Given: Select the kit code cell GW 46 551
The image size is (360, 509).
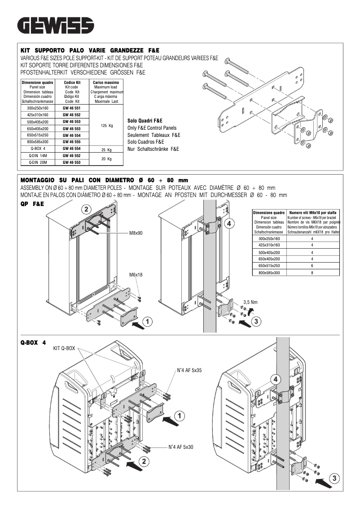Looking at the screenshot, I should click(71, 109).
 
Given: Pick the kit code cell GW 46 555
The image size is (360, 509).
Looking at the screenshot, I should click(71, 141).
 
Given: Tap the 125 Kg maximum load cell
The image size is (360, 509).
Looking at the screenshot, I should click(107, 125).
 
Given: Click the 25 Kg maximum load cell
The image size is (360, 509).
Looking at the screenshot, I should click(106, 149).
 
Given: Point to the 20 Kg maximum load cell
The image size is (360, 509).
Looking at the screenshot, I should click(106, 159).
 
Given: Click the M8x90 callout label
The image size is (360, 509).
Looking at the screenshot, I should click(136, 233).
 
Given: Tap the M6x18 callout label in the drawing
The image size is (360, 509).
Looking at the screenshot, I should click(136, 274).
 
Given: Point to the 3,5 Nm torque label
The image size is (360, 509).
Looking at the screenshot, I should click(250, 302).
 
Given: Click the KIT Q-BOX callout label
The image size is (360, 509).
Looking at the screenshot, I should click(64, 348).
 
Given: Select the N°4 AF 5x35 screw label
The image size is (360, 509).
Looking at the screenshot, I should click(189, 371).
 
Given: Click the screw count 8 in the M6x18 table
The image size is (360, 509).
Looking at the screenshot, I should click(312, 273).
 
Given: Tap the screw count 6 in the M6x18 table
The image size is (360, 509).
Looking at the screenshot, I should click(312, 266).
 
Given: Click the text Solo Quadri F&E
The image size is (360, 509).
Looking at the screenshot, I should click(145, 121).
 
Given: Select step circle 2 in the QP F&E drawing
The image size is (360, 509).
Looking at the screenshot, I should click(86, 209).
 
